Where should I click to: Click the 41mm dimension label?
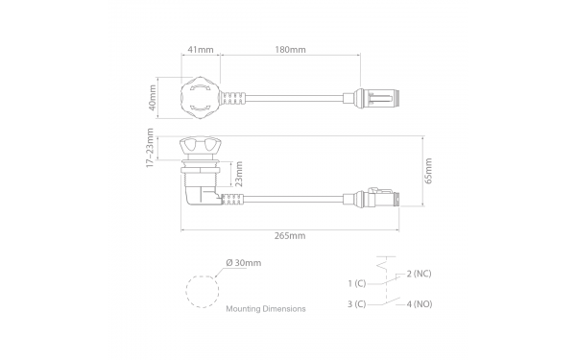pos(201,50)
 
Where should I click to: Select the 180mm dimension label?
pos(290,50)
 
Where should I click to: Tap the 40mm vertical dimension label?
pos(152,98)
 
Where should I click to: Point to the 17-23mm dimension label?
pos(150,148)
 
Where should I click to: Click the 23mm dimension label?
pos(239,174)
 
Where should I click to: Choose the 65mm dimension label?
pos(428,171)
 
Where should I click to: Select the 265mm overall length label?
pos(290,236)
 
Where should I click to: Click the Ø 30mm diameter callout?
pos(244,263)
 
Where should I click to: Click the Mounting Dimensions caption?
pos(266,309)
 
